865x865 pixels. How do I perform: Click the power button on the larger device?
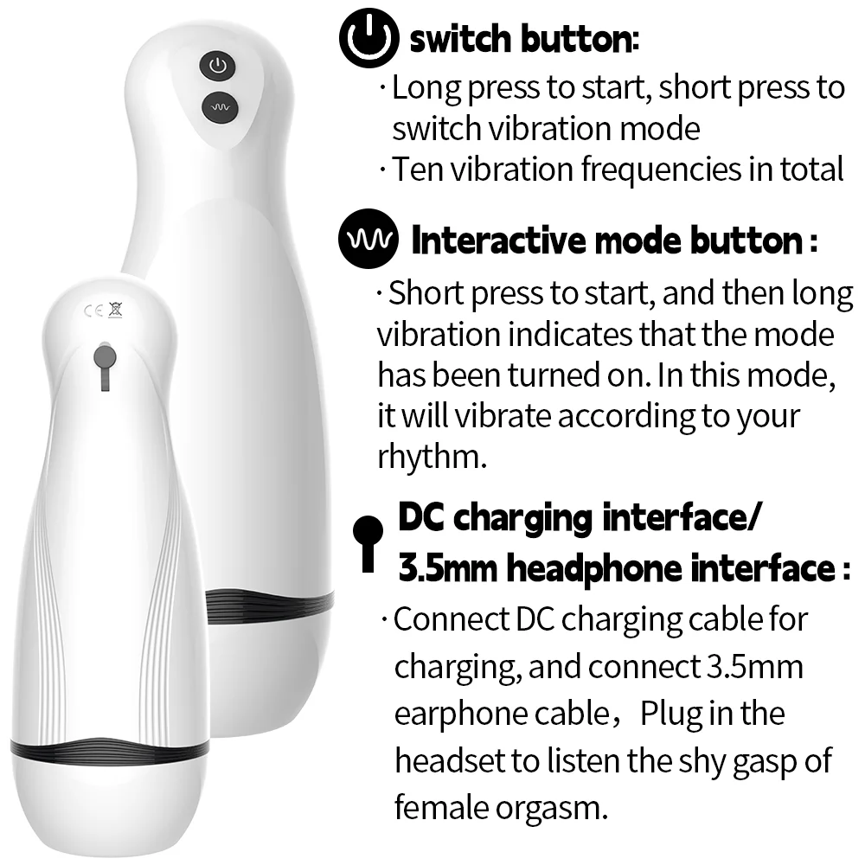point(218,67)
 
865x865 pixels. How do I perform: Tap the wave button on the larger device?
point(220,107)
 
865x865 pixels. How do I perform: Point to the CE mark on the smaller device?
point(93,311)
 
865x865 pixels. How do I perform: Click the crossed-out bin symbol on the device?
point(115,310)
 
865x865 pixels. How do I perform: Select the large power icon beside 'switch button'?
point(368,37)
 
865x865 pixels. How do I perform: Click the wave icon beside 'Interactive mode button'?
point(368,239)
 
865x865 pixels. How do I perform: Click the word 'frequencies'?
point(661,170)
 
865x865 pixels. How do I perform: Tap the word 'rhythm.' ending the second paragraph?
point(432,456)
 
